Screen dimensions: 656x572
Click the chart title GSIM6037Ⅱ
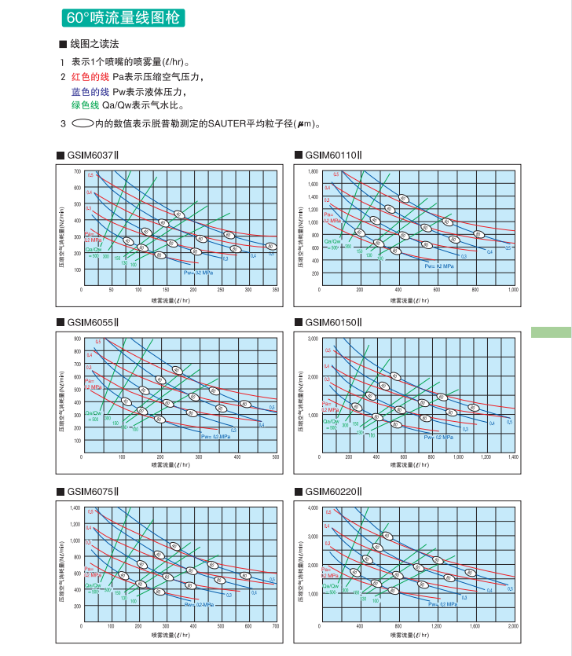tap(92, 155)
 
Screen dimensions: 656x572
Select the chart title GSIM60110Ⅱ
tap(332, 155)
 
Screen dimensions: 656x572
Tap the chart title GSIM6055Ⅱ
tap(92, 322)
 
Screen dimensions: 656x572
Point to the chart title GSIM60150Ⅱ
tap(332, 322)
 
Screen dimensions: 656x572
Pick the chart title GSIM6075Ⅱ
tap(92, 492)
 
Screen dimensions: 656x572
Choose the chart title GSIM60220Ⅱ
tap(332, 492)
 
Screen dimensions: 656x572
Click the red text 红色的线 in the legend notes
tap(90, 77)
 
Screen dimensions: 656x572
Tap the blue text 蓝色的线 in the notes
tap(90, 91)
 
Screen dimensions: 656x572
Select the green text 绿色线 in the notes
tap(86, 105)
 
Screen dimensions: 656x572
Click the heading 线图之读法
tap(94, 44)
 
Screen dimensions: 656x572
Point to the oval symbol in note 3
tap(82, 123)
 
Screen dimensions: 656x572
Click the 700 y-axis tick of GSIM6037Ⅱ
tap(77, 171)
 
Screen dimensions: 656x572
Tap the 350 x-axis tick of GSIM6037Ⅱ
tap(276, 290)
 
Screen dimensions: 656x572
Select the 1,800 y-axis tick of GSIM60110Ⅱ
tap(313, 171)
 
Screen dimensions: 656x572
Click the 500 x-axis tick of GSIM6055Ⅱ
tap(276, 457)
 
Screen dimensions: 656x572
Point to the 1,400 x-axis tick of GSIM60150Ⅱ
tap(513, 457)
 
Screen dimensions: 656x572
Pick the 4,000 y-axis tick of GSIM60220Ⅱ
tap(313, 508)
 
